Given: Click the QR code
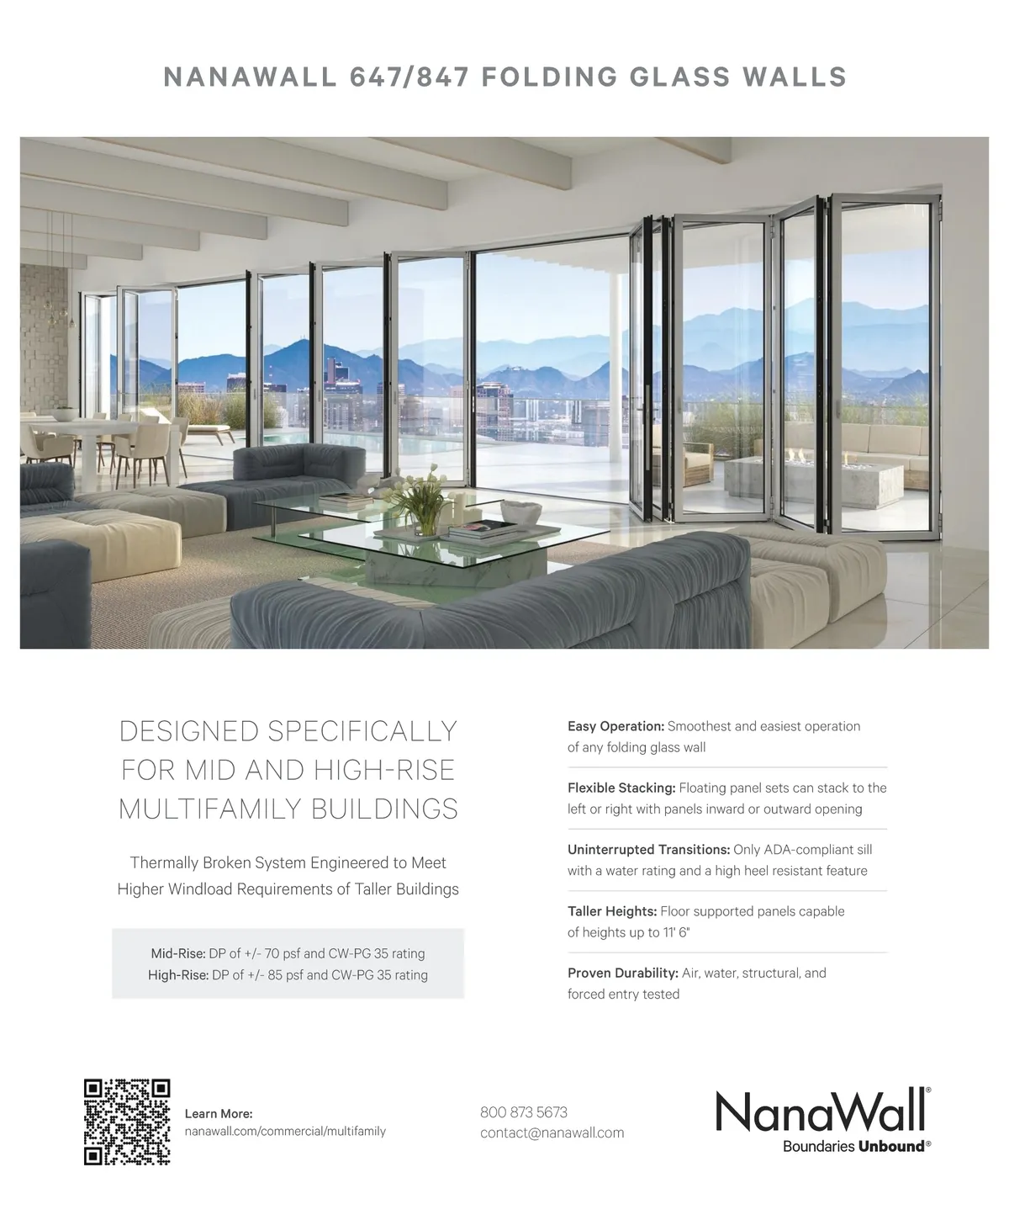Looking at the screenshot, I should tap(127, 1122).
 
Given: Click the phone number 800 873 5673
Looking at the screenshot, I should tap(524, 1112).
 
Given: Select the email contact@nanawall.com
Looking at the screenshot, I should tap(552, 1132).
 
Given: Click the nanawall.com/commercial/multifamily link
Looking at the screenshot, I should tap(285, 1131).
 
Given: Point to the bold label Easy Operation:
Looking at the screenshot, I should tap(615, 726).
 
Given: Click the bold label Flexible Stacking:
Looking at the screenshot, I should tap(621, 788).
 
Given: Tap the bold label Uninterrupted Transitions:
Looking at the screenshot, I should tap(648, 850).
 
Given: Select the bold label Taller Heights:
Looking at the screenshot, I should tap(612, 911).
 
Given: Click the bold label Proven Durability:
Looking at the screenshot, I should tap(622, 973).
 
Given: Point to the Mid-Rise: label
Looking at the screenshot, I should tap(177, 953).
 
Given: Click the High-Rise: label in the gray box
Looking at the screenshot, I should tap(177, 975).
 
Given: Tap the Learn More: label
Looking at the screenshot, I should tap(218, 1114).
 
